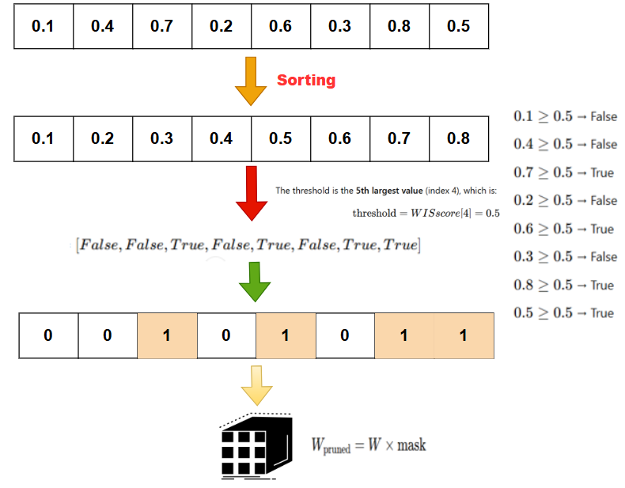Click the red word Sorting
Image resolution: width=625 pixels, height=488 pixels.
tap(305, 80)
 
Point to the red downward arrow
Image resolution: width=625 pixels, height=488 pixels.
tap(251, 194)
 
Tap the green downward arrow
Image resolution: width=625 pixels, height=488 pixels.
tap(253, 282)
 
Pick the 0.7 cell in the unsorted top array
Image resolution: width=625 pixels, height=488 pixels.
tap(161, 26)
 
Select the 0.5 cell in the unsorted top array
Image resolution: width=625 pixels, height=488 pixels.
tap(458, 26)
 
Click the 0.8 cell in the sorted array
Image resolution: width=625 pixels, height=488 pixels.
tap(458, 138)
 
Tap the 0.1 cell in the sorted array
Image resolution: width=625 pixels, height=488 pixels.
tap(43, 138)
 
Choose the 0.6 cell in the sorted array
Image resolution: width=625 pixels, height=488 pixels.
tap(339, 138)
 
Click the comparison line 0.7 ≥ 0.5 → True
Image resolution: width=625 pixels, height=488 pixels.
tap(564, 172)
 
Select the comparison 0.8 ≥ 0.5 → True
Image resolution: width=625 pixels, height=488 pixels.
tap(564, 285)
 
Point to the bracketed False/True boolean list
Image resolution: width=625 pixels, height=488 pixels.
tap(248, 245)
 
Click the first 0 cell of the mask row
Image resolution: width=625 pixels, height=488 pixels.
tap(47, 335)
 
